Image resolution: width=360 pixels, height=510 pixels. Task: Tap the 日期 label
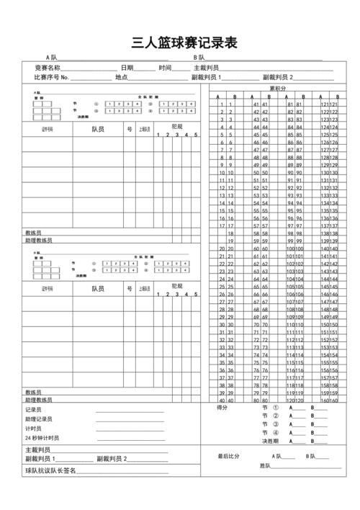coord(127,67)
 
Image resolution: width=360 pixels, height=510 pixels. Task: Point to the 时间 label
coord(165,67)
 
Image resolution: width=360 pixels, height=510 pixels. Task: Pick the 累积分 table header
coord(278,89)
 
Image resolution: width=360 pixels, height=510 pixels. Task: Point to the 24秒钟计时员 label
coord(42,437)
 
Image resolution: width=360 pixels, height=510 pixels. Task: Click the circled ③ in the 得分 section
coord(276,424)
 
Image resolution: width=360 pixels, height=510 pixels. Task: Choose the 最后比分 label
coord(229,456)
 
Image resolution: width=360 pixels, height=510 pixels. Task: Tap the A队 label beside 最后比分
coord(276,456)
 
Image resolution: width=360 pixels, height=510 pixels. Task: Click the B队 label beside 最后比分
coord(311,456)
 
